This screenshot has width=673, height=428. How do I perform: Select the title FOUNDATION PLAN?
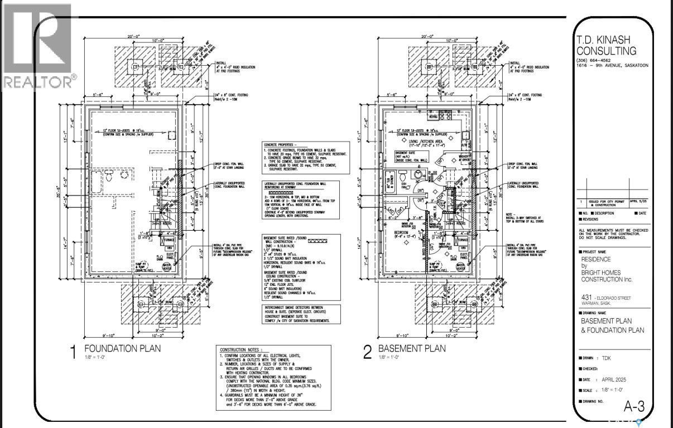click(x=122, y=349)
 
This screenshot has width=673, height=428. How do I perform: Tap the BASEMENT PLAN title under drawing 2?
click(x=412, y=349)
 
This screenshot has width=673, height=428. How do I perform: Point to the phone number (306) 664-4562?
click(x=595, y=61)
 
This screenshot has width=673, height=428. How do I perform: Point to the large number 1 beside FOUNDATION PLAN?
click(x=72, y=353)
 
